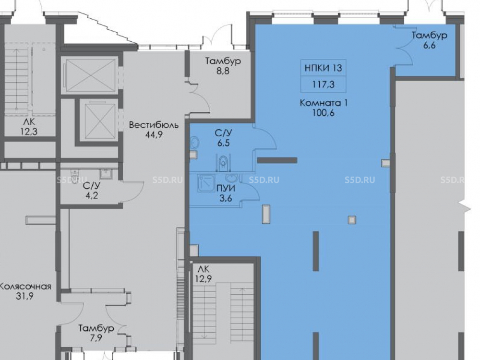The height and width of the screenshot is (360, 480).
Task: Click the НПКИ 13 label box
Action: click(x=323, y=68)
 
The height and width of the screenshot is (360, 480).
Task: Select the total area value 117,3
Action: click(x=323, y=84)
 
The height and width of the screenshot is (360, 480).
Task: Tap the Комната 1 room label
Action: click(x=324, y=103)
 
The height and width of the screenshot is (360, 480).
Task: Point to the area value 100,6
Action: click(x=323, y=113)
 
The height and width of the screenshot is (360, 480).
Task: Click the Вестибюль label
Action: click(x=154, y=125)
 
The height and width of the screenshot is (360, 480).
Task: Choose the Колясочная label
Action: click(x=25, y=287)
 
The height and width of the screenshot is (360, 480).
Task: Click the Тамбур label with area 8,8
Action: click(x=223, y=61)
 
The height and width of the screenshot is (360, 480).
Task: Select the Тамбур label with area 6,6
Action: click(x=429, y=35)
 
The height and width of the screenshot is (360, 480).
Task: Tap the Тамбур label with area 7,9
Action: click(x=96, y=328)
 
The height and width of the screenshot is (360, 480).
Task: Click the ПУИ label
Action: click(x=226, y=188)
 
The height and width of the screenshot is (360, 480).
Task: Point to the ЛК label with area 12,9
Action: click(x=203, y=269)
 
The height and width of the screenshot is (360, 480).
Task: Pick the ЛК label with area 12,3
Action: click(x=29, y=122)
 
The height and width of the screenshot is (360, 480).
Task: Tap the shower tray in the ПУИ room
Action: click(x=206, y=183)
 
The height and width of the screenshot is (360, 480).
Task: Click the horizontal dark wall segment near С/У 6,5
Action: click(x=277, y=160)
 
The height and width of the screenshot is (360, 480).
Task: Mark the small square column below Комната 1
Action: click(x=352, y=220)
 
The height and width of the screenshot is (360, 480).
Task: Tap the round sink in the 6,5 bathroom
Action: click(x=195, y=143)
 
